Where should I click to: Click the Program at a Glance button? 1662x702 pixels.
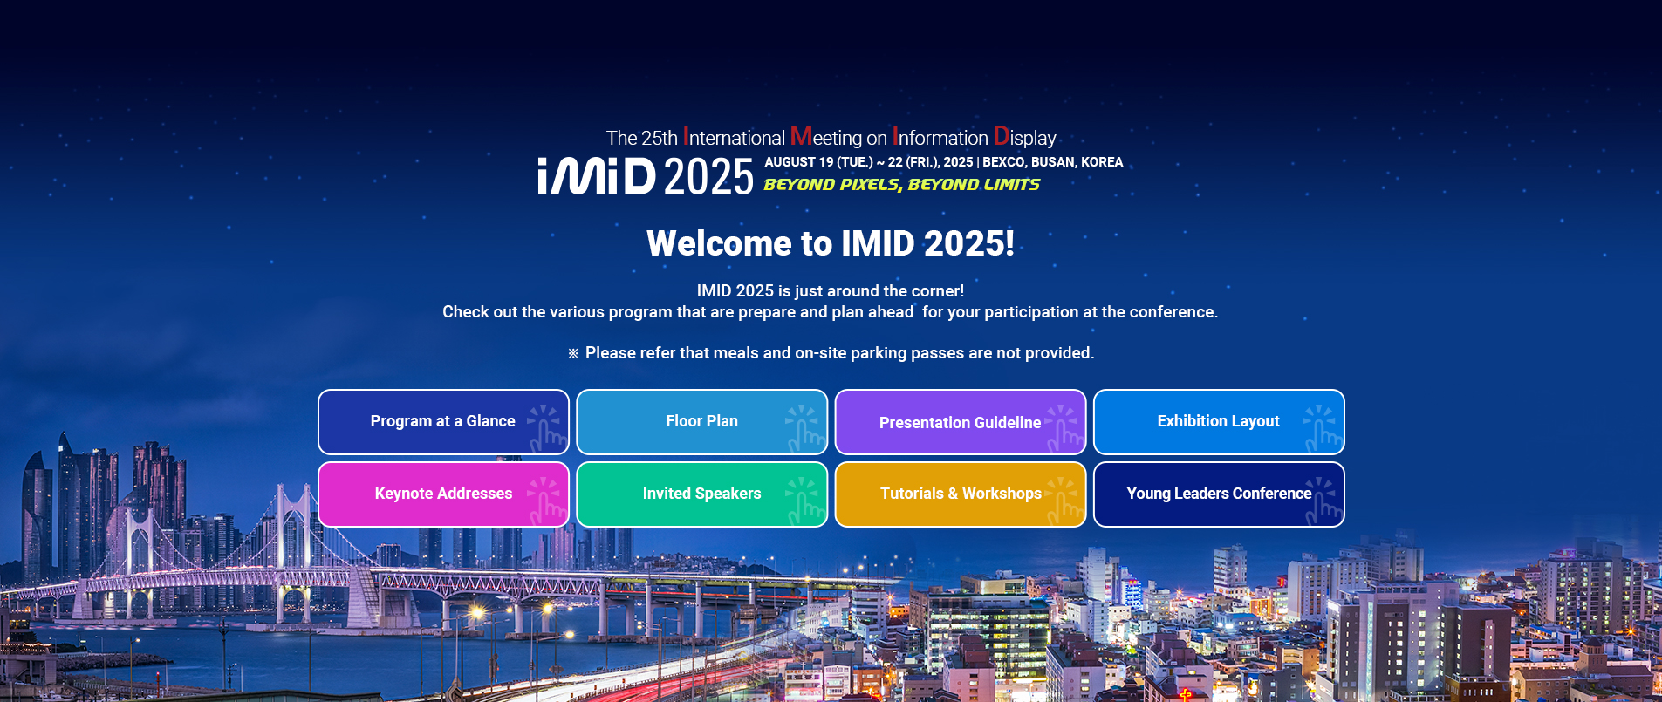pos(442,422)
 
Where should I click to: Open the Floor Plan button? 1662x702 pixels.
pos(701,422)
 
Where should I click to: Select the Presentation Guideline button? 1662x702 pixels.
pos(960,423)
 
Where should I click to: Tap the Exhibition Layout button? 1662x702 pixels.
pos(1218,422)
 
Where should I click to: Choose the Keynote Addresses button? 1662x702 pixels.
pos(443,494)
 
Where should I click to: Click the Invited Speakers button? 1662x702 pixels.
pos(701,494)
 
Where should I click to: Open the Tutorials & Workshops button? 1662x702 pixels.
pos(960,494)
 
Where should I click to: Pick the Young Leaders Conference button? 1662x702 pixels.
pos(1218,494)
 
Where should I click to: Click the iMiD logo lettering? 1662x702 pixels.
pos(597,176)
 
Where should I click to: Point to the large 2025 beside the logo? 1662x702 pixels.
pos(708,177)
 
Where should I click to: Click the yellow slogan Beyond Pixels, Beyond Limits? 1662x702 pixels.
pos(901,185)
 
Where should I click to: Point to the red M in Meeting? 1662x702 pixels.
pos(801,137)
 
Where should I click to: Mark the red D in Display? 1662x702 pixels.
pos(1001,137)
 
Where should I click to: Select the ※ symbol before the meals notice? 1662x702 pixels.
pos(573,353)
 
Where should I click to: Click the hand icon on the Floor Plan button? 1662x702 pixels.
pos(805,427)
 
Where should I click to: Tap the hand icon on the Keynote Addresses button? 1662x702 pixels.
pos(547,500)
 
